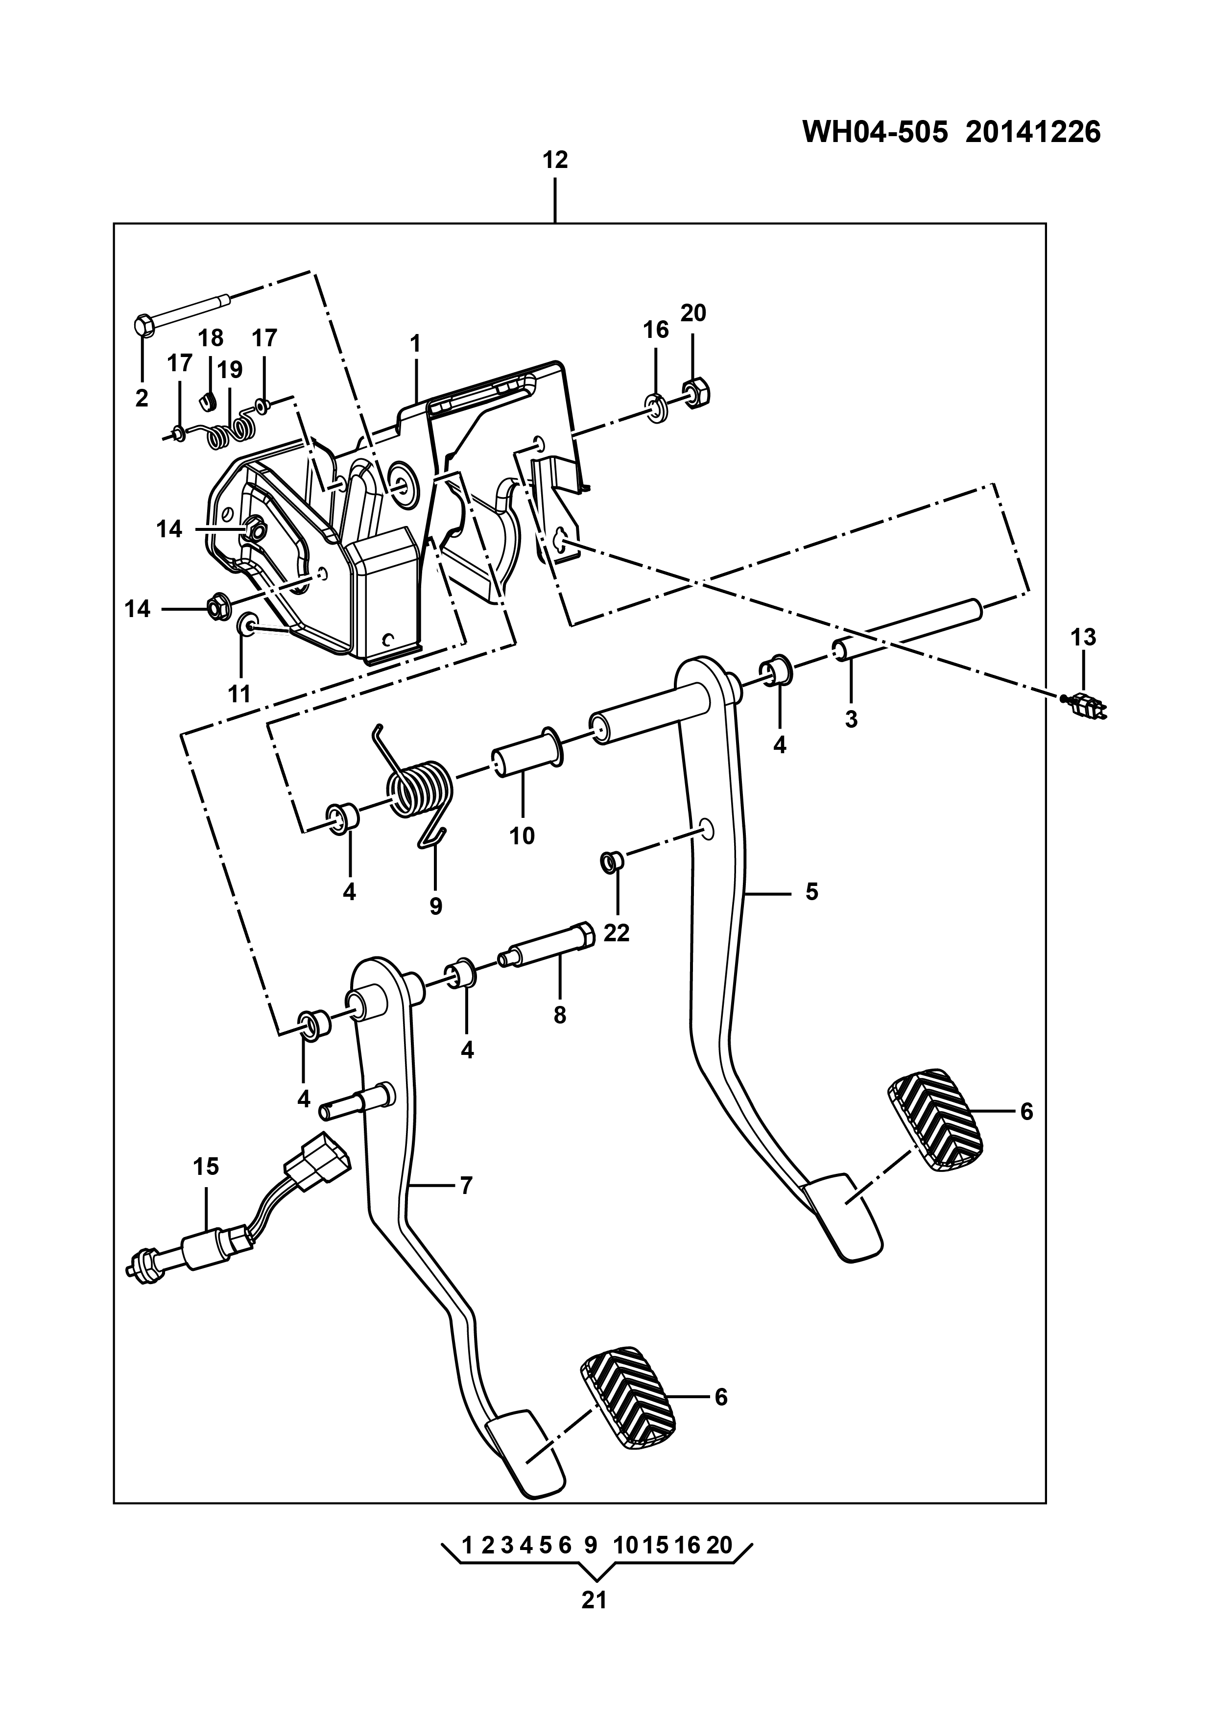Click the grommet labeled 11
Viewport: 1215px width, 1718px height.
point(246,623)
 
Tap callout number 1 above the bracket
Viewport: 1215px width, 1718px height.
point(415,344)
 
